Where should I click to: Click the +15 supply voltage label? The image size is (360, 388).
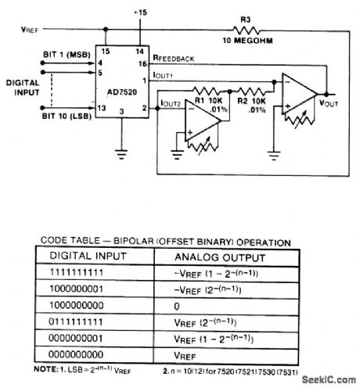[140, 13]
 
